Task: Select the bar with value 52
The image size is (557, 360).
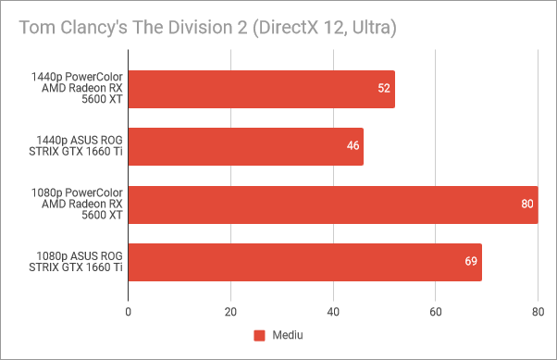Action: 261,89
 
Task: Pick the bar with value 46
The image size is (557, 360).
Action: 245,146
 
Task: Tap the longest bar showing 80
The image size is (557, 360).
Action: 332,205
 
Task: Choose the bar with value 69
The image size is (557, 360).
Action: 304,263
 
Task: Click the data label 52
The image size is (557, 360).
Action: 383,89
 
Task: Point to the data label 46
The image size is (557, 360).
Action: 353,146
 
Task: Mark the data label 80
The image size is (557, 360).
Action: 526,205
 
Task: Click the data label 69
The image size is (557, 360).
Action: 470,263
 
